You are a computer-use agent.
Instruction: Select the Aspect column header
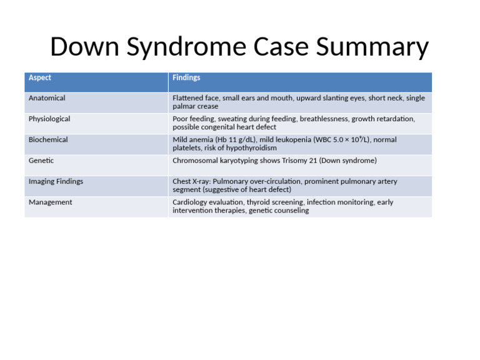[x=40, y=78]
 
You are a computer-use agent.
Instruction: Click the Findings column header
[x=186, y=78]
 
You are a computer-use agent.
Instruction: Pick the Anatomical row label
[x=47, y=98]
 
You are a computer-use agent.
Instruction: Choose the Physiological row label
[x=49, y=119]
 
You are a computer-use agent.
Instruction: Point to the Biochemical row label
[x=48, y=139]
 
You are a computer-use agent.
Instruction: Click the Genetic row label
[x=41, y=161]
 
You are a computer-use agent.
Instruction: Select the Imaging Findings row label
[x=56, y=181]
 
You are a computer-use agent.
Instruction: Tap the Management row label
[x=50, y=202]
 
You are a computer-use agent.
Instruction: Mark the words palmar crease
[x=196, y=107]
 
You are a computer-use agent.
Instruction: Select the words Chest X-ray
[x=191, y=182]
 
